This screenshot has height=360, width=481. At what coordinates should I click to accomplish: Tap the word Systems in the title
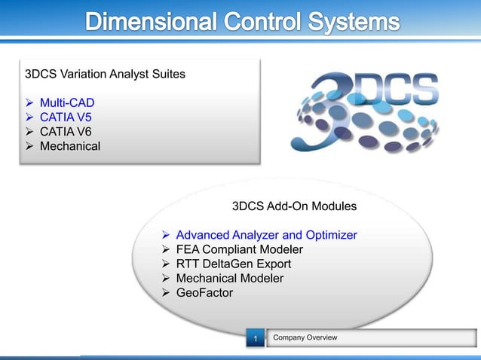(x=351, y=23)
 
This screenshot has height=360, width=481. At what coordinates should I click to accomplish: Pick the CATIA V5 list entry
(x=65, y=117)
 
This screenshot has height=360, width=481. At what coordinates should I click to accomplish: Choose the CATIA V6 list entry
(x=65, y=131)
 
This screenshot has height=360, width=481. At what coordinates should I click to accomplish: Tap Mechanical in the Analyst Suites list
(x=69, y=145)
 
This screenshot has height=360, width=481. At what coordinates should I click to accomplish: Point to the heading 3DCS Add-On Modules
(x=294, y=206)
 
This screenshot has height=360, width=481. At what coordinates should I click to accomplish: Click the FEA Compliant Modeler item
(x=240, y=249)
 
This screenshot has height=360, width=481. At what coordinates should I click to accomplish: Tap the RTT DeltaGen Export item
(x=234, y=264)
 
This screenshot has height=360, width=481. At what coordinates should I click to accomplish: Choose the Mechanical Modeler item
(x=231, y=278)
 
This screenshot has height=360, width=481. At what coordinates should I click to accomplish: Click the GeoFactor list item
(x=205, y=292)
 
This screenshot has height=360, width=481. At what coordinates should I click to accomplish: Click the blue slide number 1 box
(x=256, y=339)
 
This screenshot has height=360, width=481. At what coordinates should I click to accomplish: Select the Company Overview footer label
(x=305, y=337)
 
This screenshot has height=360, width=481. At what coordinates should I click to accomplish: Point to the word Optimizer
(x=329, y=235)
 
